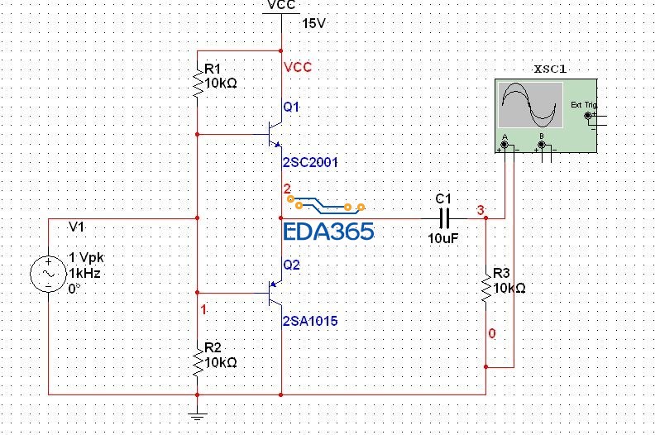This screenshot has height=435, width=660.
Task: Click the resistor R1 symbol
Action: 198,81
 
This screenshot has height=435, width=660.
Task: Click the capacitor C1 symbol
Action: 444,218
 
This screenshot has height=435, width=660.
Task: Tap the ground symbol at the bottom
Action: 197,415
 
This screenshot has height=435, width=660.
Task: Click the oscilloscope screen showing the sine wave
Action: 529,105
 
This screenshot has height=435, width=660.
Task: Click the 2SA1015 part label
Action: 309,321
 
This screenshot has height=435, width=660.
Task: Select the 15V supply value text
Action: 313,23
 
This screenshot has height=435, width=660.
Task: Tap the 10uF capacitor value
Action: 444,239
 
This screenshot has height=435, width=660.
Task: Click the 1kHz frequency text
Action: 84,273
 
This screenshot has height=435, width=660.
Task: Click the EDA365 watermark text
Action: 328,232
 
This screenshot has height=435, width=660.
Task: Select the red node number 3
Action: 481,211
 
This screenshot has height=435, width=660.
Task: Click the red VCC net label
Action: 298,67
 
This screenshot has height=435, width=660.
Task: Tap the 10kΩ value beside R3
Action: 509,289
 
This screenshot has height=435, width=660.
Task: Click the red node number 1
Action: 204,308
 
